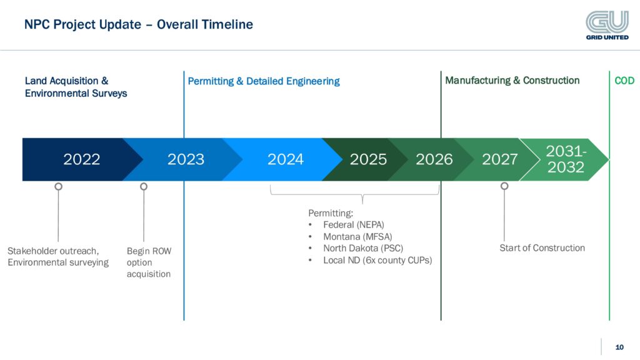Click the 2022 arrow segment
81,159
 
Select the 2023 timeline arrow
186,159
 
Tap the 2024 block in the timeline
286,159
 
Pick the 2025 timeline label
368,159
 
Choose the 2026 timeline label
434,159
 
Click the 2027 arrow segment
500,159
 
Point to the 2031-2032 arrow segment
565,159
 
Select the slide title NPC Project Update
138,25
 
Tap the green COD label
624,81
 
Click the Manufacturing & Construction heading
512,81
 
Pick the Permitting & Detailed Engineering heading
264,81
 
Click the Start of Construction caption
542,248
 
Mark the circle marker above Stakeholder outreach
58,186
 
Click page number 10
619,347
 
